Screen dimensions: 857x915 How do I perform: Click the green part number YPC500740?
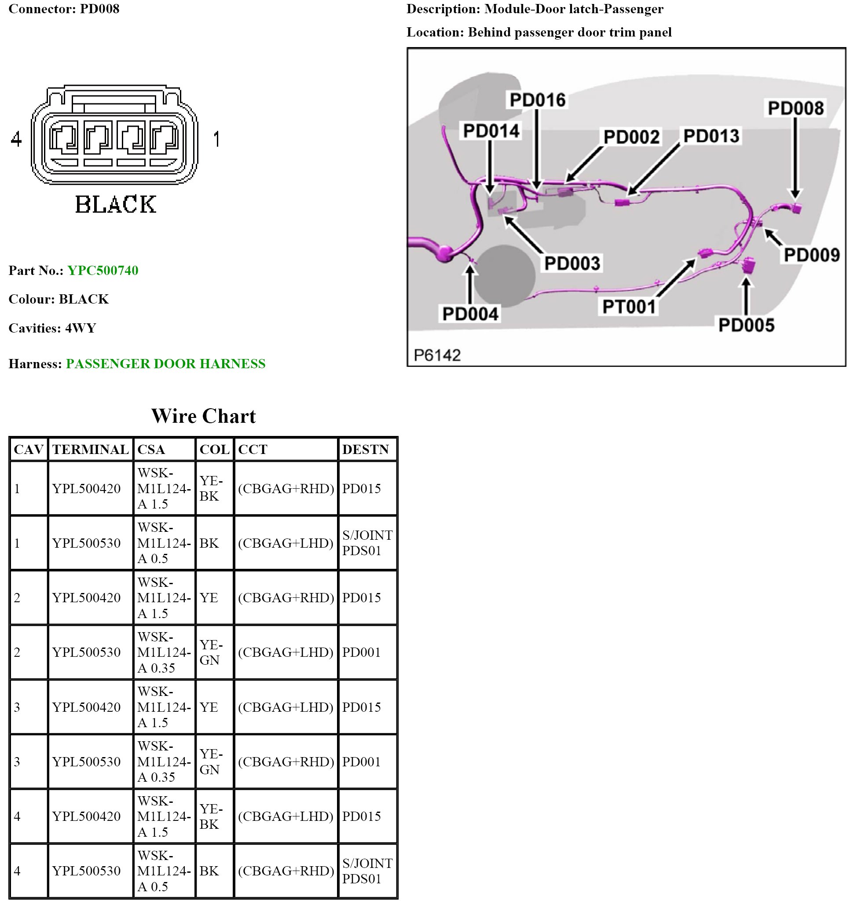tap(103, 270)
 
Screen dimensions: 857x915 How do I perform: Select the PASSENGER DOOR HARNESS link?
tap(166, 364)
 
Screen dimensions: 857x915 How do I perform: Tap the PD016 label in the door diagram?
tap(537, 100)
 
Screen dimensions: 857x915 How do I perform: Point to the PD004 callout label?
tap(470, 314)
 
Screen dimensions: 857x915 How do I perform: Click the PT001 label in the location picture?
tap(629, 307)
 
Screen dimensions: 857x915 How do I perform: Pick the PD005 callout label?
tap(746, 325)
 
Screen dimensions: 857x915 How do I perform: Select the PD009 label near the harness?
tap(811, 255)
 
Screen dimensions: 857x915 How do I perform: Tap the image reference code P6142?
tap(437, 355)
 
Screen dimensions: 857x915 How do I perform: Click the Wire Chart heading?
tap(203, 416)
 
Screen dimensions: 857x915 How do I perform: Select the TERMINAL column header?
tap(90, 449)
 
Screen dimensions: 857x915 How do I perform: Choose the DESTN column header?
tap(366, 449)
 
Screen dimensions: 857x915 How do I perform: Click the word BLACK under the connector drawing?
tap(116, 205)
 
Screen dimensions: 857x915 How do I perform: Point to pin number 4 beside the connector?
tap(16, 139)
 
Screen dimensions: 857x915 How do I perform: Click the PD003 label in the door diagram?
tap(572, 263)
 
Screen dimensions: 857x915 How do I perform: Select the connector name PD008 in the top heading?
tap(99, 9)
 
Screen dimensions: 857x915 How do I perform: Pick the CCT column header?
tap(252, 449)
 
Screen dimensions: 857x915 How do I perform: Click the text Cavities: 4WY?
tap(52, 328)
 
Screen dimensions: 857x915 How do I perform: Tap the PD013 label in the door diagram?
tap(711, 136)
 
